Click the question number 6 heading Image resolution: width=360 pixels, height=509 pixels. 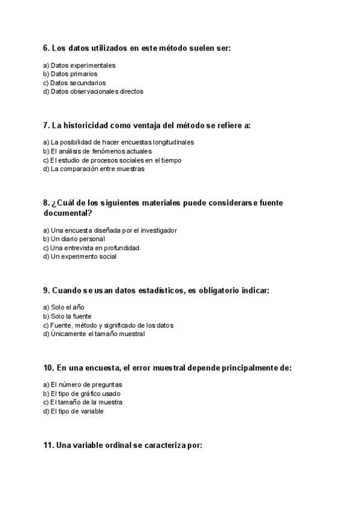pyautogui.click(x=46, y=47)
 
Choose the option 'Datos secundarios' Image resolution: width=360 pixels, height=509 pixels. pyautogui.click(x=78, y=83)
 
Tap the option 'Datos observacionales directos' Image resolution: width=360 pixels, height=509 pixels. pyautogui.click(x=97, y=92)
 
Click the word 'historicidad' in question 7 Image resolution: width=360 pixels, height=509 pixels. pyautogui.click(x=89, y=125)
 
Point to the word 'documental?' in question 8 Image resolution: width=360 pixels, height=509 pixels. pyautogui.click(x=67, y=212)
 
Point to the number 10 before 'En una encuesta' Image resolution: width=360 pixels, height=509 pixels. pyautogui.click(x=48, y=368)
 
